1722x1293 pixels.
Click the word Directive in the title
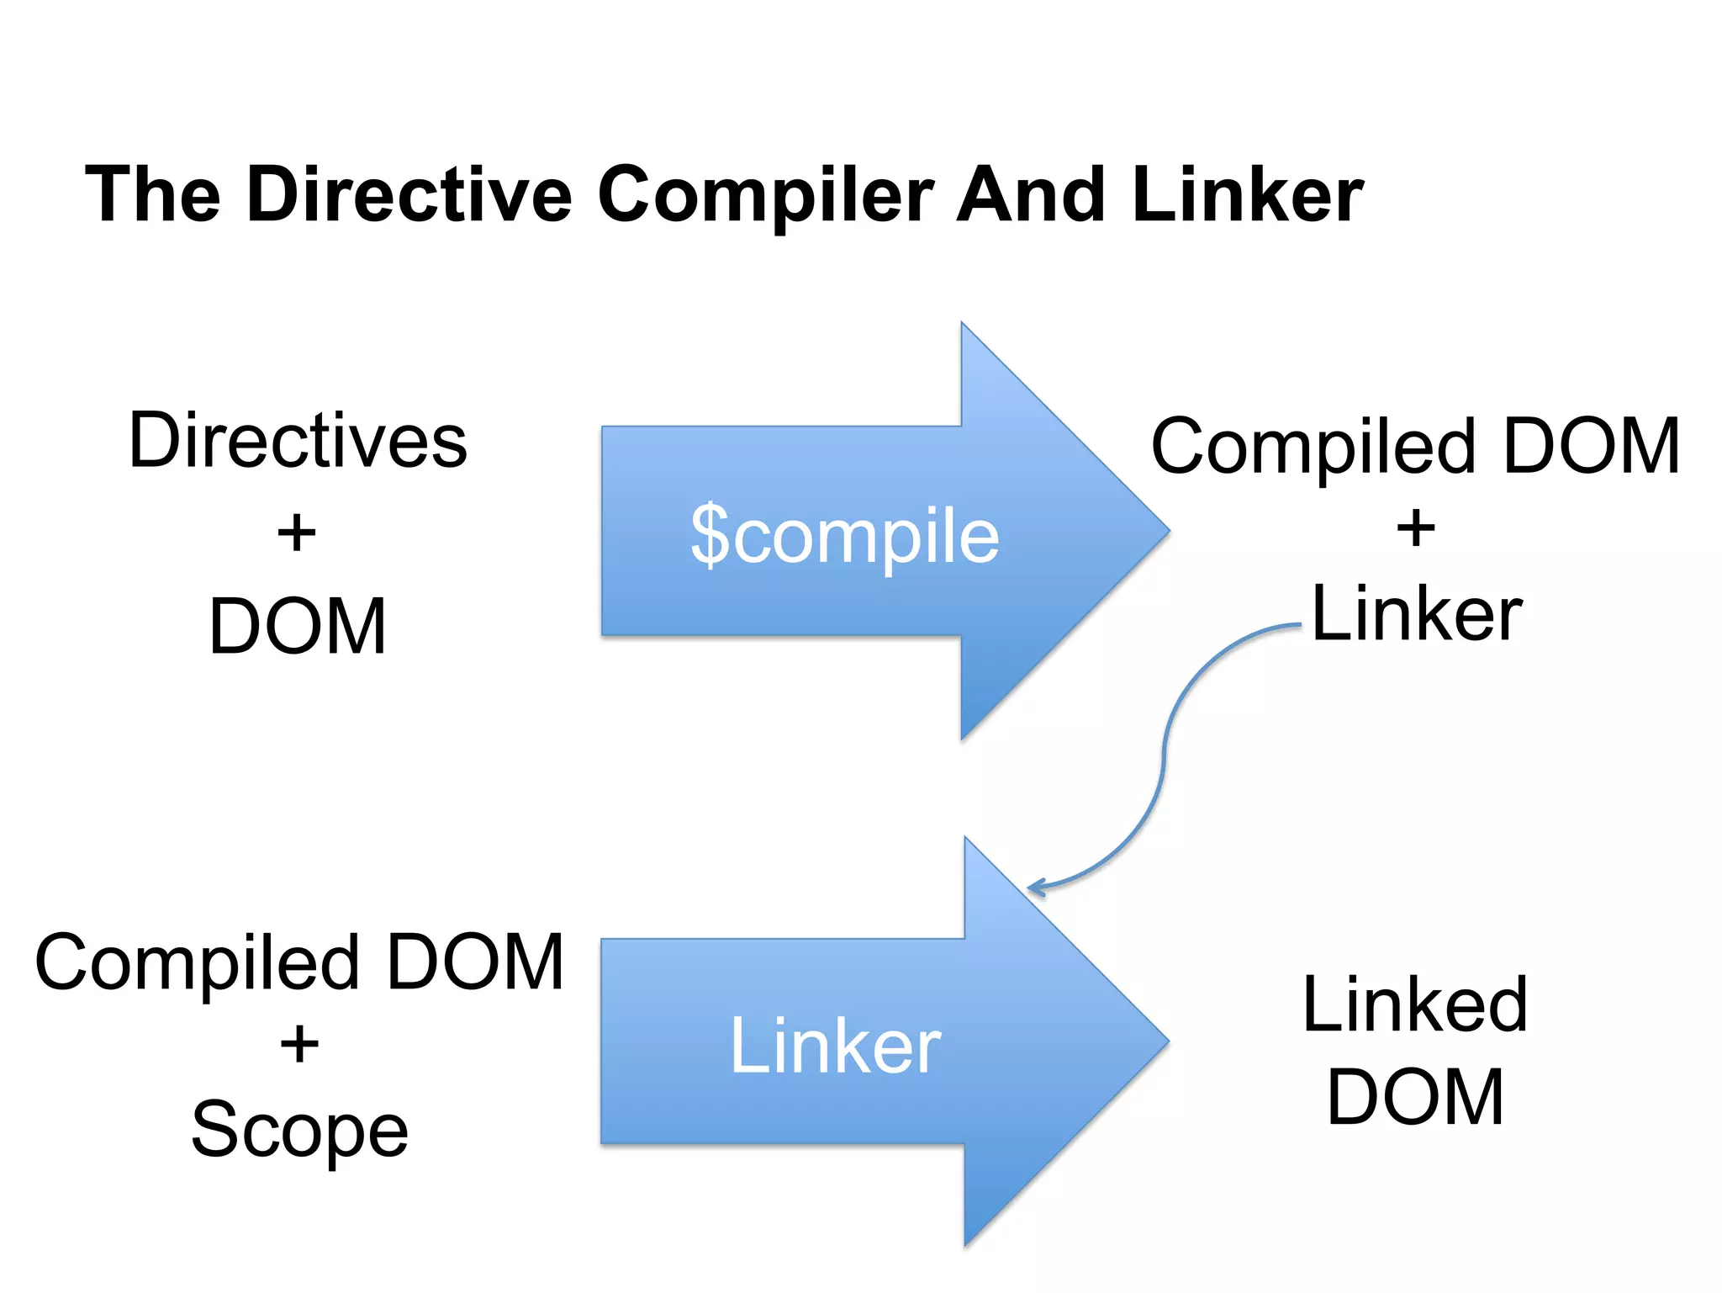[x=409, y=195]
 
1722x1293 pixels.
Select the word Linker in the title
[x=1247, y=195]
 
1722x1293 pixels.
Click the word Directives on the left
[x=298, y=441]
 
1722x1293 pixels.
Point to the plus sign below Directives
[x=297, y=533]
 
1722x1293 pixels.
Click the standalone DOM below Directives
[x=298, y=626]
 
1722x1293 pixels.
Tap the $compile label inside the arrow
[x=844, y=535]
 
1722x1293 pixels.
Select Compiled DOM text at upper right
[x=1415, y=446]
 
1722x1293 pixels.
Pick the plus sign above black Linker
[x=1416, y=529]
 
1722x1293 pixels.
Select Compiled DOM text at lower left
[x=299, y=962]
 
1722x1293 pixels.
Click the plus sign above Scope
[x=299, y=1046]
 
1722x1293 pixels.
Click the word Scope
[x=299, y=1129]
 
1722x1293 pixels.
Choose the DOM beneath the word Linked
[x=1415, y=1097]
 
